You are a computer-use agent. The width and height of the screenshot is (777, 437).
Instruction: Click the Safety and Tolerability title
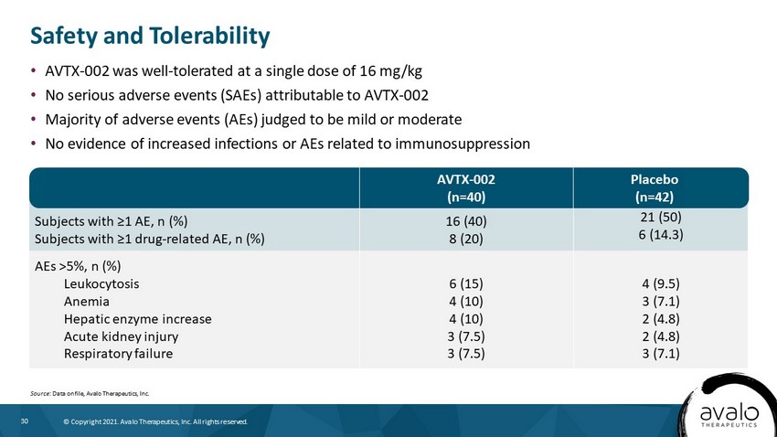click(x=150, y=37)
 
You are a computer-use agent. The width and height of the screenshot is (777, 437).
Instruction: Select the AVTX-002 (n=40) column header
click(x=466, y=188)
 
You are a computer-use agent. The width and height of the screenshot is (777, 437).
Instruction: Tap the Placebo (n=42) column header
click(x=655, y=188)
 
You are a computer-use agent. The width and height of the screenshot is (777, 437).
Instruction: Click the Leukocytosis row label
click(x=101, y=284)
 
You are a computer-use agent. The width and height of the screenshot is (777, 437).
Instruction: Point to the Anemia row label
click(x=87, y=302)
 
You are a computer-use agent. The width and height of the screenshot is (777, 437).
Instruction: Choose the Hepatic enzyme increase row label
click(x=138, y=319)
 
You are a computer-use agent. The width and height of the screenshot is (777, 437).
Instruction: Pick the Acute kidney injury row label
click(x=121, y=336)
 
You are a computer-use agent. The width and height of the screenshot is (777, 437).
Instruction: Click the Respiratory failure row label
click(x=119, y=354)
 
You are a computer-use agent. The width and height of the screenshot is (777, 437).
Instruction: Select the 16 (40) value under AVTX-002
click(x=466, y=221)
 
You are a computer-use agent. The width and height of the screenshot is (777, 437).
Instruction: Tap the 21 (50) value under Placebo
click(x=661, y=217)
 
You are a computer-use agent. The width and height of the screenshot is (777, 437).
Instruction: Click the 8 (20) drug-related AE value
click(x=466, y=239)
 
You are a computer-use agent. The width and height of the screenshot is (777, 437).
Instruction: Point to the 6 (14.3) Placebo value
click(x=661, y=234)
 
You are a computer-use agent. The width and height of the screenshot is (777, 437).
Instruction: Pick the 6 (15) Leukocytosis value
click(x=466, y=284)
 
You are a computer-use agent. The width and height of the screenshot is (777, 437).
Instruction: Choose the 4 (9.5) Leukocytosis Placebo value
click(x=661, y=284)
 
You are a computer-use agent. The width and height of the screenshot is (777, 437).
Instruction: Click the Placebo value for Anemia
click(x=661, y=302)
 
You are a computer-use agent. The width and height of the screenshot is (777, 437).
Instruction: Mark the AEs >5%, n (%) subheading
click(x=78, y=267)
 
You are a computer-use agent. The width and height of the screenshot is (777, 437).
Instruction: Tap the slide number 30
click(x=25, y=421)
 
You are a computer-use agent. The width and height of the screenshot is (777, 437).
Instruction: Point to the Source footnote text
click(x=90, y=393)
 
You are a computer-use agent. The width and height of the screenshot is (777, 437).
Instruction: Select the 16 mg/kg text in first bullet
click(x=391, y=71)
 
